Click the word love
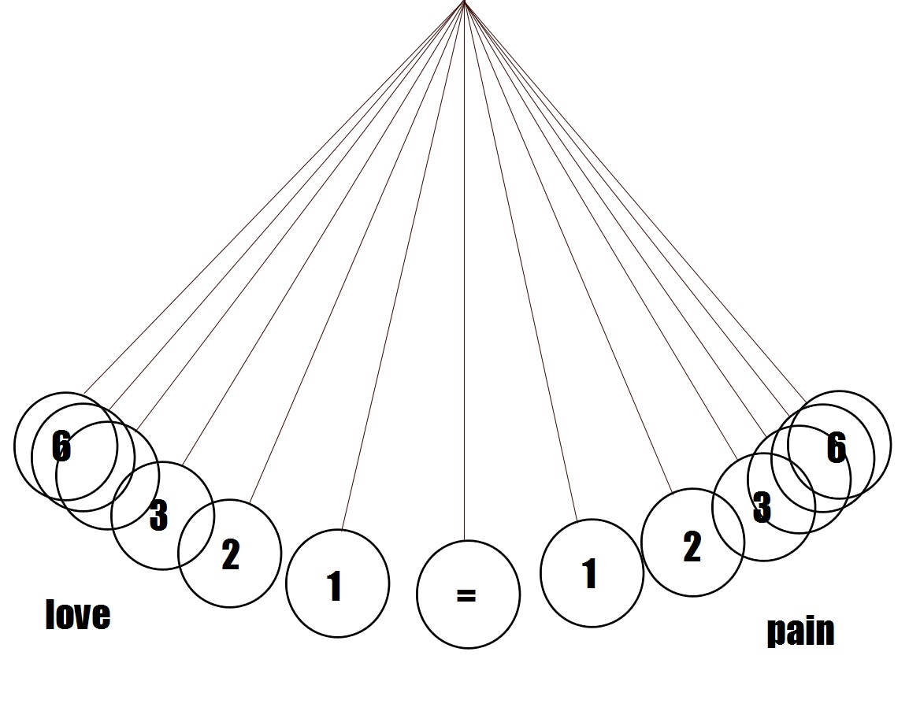coord(78,614)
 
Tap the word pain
coord(800,631)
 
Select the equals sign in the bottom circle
coord(466,595)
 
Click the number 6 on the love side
coord(61,446)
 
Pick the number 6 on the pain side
coord(836,448)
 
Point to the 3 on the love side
coord(158,516)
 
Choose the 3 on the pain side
coord(761,508)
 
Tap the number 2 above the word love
coord(230,556)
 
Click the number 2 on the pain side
coord(692,547)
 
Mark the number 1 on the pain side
coord(589,574)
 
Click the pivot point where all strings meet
coord(464,2)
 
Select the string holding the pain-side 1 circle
coord(521,268)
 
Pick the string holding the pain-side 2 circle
coord(570,252)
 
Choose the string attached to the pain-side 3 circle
coord(603,236)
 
